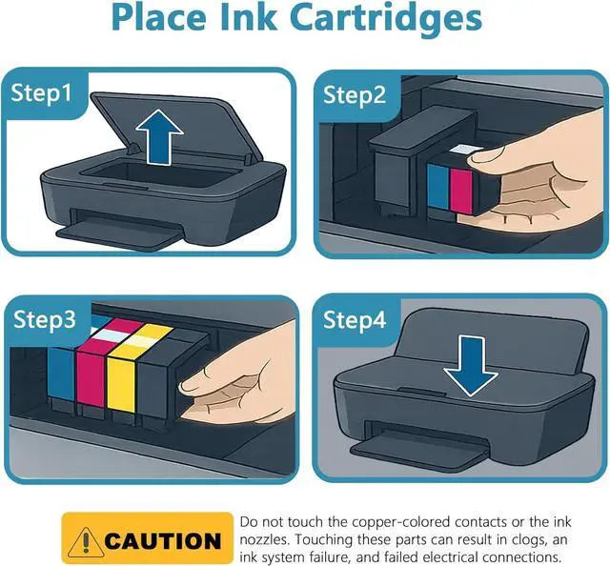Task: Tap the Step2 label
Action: coord(354,94)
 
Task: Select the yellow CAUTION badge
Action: coord(148,540)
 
